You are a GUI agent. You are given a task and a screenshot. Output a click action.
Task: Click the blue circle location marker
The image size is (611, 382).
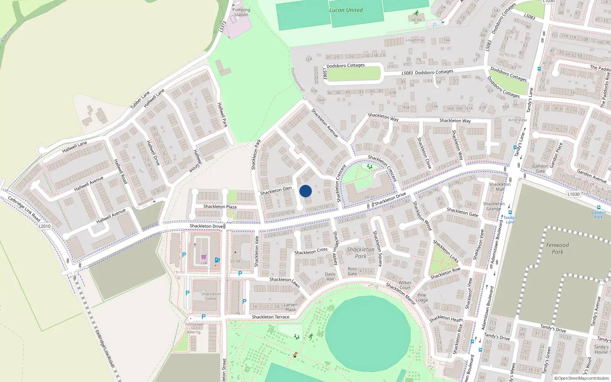[x=305, y=191]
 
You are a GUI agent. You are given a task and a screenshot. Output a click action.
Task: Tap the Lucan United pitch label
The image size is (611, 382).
[x=346, y=10]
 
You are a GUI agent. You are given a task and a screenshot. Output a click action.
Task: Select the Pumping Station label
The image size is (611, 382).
[x=241, y=12]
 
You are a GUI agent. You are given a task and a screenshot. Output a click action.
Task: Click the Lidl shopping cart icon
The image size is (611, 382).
[x=204, y=257]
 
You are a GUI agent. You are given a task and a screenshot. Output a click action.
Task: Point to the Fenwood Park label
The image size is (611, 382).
[x=557, y=248]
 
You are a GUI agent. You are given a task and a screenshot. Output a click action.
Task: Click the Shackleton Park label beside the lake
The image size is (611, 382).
[x=360, y=253]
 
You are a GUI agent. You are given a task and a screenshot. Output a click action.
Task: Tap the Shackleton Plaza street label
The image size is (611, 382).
[x=220, y=207]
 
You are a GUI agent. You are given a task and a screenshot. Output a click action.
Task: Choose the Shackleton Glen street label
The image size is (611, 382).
[x=276, y=191]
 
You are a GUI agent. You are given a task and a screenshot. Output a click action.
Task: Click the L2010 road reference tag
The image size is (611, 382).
[x=45, y=226]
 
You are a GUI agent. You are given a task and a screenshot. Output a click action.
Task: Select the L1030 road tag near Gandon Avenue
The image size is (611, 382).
[x=573, y=194]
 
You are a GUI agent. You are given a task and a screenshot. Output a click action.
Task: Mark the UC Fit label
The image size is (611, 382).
[x=416, y=20]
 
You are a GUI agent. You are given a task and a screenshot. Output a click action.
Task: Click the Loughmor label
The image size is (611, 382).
[x=415, y=40]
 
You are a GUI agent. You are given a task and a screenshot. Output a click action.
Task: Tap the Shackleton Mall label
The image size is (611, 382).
[x=499, y=187]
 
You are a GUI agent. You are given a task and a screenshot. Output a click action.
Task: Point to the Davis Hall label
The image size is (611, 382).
[x=330, y=277]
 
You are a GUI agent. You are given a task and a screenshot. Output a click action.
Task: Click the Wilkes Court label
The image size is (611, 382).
[x=405, y=285]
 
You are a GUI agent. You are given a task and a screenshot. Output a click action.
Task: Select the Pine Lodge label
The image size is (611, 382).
[x=422, y=298]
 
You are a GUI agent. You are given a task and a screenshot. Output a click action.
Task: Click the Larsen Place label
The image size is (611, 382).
[x=291, y=307]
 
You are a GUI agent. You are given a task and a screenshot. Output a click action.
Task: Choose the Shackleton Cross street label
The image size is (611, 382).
[x=311, y=251]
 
